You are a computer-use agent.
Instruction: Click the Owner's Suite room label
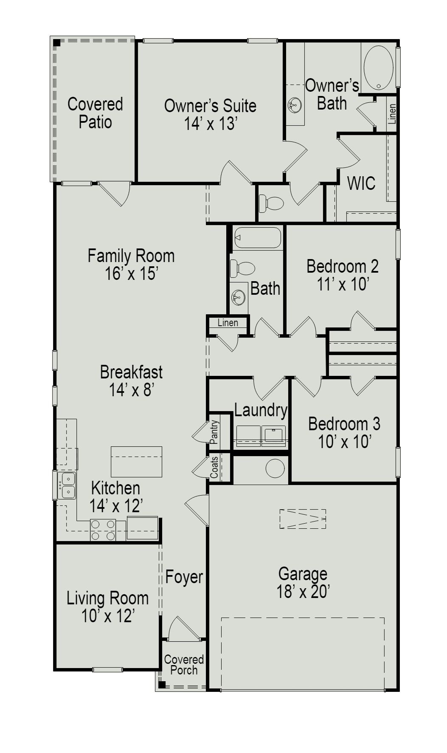click(x=210, y=106)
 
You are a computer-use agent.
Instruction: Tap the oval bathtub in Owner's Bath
click(x=378, y=68)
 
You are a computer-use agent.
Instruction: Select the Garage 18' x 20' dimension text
click(x=303, y=592)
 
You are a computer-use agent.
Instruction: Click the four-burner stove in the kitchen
click(x=103, y=530)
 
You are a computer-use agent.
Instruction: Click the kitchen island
click(x=136, y=461)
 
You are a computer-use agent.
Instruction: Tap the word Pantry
click(x=214, y=432)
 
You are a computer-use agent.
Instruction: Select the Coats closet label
click(x=214, y=467)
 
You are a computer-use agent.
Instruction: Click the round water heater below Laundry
click(x=275, y=468)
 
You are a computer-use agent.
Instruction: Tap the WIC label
click(x=361, y=183)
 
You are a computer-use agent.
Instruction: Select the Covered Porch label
click(x=184, y=665)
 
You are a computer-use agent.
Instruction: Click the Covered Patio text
click(x=95, y=113)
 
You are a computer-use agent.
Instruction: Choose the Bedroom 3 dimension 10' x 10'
click(x=345, y=442)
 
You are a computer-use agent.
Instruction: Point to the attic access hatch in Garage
click(x=303, y=519)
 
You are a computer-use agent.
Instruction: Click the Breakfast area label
click(x=131, y=372)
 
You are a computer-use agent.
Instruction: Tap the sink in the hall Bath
click(x=238, y=297)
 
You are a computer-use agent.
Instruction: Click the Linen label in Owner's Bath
click(x=392, y=113)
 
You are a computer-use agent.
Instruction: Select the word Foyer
click(x=184, y=577)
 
